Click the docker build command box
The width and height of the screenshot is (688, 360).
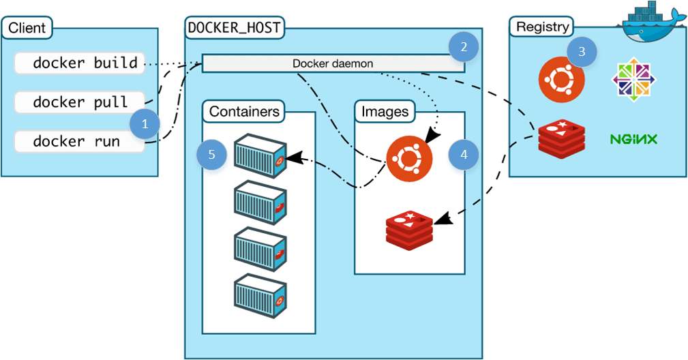(x=79, y=63)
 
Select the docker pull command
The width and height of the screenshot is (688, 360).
(x=79, y=102)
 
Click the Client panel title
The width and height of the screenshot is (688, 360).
(x=27, y=29)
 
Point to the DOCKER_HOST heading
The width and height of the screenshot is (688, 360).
(x=235, y=29)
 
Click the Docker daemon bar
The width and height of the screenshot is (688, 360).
(x=333, y=63)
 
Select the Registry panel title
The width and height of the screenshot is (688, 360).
(x=542, y=27)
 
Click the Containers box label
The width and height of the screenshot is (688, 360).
(x=244, y=111)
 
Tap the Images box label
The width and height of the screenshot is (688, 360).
(x=385, y=111)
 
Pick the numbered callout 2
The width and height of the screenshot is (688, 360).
(x=464, y=47)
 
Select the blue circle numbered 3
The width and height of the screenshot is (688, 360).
(x=581, y=52)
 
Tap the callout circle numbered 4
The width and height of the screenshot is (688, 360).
(x=464, y=155)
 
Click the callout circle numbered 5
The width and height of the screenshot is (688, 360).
(x=211, y=155)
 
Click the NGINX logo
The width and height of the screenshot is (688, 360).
(x=633, y=140)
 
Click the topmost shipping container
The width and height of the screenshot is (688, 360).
(x=259, y=155)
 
